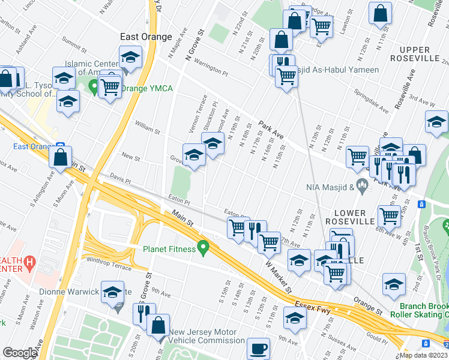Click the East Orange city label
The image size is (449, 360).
click(x=146, y=37)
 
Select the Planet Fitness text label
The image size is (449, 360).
click(x=169, y=249)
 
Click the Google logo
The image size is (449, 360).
click(x=20, y=353)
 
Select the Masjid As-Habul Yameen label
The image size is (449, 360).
click(x=339, y=70)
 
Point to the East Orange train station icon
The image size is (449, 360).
click(x=61, y=146)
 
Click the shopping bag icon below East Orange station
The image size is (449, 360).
click(x=61, y=158)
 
